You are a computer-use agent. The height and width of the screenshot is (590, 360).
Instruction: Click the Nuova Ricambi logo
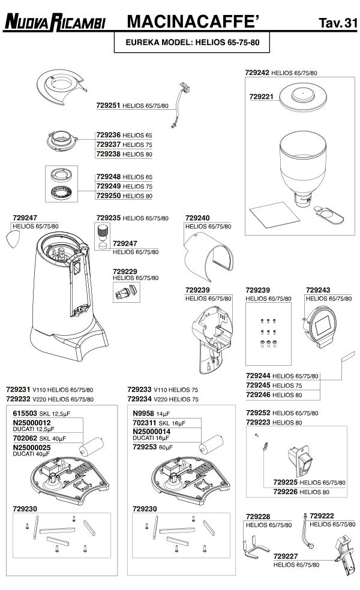pos(55,22)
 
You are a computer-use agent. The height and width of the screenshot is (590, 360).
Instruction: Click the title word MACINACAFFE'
pos(194,22)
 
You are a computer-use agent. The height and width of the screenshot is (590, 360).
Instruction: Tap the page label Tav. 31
pos(338,23)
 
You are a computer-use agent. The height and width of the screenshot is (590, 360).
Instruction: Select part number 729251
pos(108,106)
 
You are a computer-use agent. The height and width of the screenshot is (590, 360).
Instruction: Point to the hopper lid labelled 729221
pos(303,98)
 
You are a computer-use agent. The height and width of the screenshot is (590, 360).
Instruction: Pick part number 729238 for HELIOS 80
pos(108,154)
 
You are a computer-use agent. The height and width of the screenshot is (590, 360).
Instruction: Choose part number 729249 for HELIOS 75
pos(108,186)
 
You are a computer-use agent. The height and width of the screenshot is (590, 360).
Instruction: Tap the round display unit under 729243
pos(320,325)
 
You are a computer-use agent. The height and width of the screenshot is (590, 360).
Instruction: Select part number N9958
pos(143,413)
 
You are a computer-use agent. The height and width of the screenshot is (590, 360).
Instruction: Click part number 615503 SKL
pos(25,413)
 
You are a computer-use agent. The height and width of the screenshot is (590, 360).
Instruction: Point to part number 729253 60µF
pos(145,447)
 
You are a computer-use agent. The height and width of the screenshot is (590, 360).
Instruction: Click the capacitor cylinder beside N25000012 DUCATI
pos(91,446)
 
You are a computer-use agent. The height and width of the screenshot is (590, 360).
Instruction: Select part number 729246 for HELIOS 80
pos(258,395)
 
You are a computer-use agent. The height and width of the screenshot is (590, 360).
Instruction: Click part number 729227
pos(286,556)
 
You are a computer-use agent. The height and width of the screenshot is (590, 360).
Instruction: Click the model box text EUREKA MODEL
pos(159,43)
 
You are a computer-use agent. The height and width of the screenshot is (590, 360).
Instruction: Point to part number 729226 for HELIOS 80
pos(286,492)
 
